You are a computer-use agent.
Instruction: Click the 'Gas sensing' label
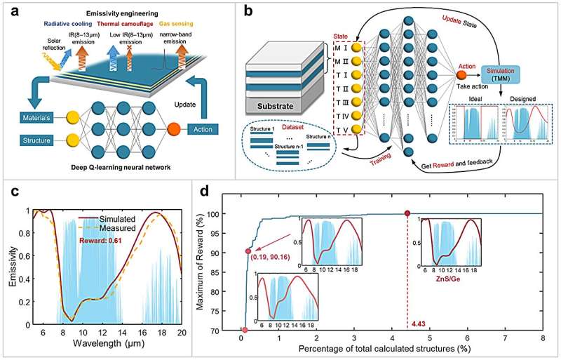point(205,22)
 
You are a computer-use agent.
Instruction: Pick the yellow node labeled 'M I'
point(358,47)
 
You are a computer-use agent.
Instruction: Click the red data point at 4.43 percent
point(407,213)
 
